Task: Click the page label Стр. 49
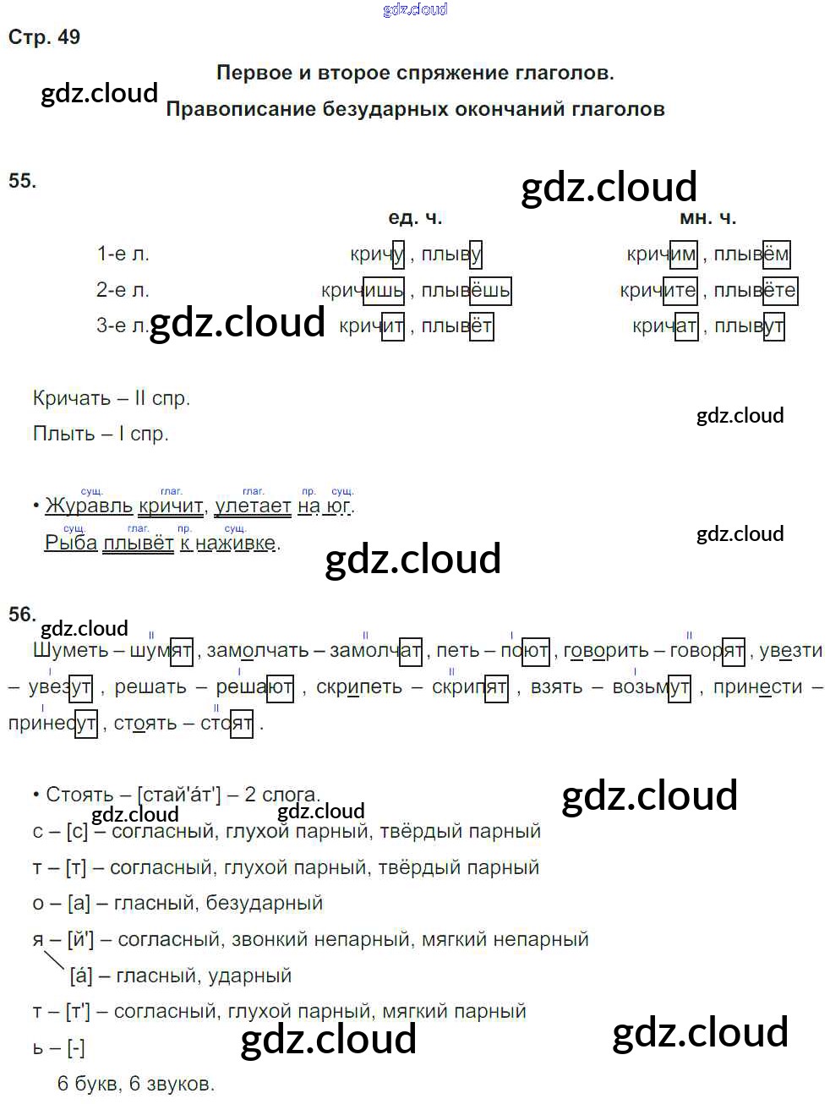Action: pos(44,37)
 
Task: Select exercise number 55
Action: pos(22,181)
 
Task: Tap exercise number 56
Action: pos(22,615)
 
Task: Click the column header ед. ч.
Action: pos(415,218)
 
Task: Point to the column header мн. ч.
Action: pos(707,218)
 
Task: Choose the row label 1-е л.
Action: pos(123,254)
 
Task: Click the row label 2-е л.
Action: pos(123,290)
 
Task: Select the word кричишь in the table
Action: pos(363,291)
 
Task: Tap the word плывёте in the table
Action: pos(755,291)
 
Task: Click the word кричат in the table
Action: pos(664,326)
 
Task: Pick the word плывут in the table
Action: pos(749,326)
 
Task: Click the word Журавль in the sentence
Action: pos(89,506)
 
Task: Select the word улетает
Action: pos(253,506)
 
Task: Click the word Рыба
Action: pos(71,543)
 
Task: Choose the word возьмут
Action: pos(651,686)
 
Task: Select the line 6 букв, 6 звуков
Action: pos(136,1084)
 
